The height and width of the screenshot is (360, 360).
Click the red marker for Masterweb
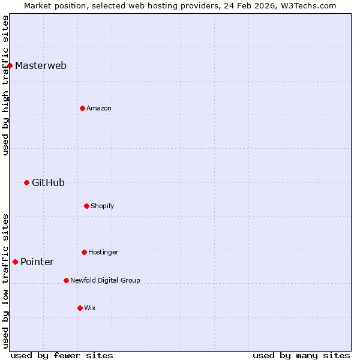[x=10, y=65]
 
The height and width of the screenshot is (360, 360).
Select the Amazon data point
[x=82, y=108]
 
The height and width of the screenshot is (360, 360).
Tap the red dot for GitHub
[x=26, y=182]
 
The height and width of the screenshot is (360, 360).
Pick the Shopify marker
[x=86, y=206]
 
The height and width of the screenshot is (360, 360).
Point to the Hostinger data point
[x=84, y=252]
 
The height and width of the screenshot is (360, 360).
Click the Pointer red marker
[x=15, y=262]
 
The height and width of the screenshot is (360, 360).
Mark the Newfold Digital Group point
[x=66, y=280]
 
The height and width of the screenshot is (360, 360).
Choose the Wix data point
[x=80, y=308]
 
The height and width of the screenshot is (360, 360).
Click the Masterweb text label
[x=41, y=65]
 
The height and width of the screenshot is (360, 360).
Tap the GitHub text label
[x=48, y=182]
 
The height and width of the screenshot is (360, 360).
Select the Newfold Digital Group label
[x=105, y=280]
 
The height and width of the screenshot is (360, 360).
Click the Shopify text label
[x=103, y=206]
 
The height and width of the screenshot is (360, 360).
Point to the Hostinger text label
[x=103, y=252]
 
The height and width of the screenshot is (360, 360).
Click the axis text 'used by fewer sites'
[x=62, y=355]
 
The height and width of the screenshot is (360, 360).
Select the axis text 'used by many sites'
[x=301, y=355]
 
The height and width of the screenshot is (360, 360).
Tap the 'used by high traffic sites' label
[x=5, y=85]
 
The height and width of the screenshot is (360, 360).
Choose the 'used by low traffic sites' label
[x=5, y=281]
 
